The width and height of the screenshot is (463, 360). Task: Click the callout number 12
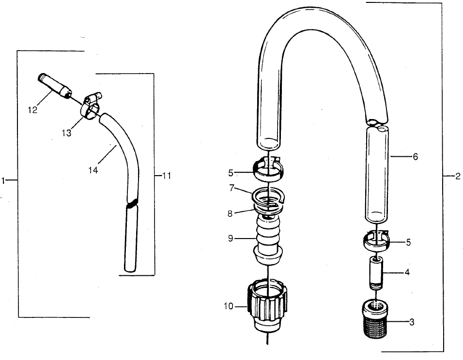pos(32,110)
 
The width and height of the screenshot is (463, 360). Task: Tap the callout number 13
pos(67,133)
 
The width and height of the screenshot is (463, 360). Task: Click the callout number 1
pos(3,180)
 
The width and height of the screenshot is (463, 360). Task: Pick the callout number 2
pos(457,176)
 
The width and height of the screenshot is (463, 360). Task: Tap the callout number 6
pos(416,157)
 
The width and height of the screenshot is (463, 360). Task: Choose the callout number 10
pos(229,306)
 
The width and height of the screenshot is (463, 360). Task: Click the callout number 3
pos(412,323)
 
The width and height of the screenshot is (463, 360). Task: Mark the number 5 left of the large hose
pos(231,172)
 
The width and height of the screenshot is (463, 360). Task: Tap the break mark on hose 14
pos(131,203)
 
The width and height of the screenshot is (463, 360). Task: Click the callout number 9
pos(231,238)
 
